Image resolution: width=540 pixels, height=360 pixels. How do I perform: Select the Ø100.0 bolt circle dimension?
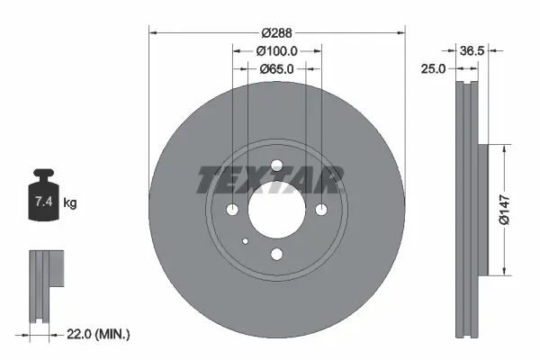click(277, 50)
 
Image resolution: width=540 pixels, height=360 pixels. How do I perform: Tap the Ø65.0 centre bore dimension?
click(277, 68)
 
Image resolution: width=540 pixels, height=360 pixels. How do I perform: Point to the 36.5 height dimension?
click(472, 51)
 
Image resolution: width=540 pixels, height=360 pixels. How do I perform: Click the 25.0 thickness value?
click(435, 68)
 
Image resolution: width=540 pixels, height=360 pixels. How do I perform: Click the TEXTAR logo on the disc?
click(269, 180)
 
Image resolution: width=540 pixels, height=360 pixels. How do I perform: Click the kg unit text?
click(70, 203)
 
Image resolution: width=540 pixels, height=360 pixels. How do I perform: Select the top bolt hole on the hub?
click(277, 164)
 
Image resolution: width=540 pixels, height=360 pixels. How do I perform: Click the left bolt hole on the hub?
click(233, 209)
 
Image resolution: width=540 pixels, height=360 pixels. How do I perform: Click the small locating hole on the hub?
click(246, 240)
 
